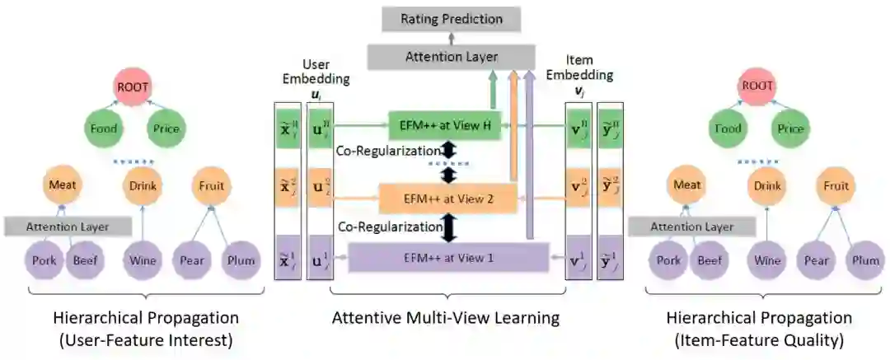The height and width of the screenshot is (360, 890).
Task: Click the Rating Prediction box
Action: point(452,19)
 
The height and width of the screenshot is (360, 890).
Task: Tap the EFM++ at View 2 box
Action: point(447,199)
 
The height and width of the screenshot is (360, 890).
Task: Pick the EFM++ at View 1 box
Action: point(449,257)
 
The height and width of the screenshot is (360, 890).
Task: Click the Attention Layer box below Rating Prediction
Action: point(452,56)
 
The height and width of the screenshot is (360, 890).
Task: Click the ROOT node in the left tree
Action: point(133,85)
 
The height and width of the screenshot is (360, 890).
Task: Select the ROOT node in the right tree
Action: point(757,85)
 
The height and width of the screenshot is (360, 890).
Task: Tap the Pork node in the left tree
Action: point(46,261)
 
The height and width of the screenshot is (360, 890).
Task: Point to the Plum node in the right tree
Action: point(865,261)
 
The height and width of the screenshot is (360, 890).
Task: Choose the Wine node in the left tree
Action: point(143,261)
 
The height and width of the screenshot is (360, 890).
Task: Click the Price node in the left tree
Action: point(165,129)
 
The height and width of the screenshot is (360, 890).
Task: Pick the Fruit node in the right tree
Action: point(836,185)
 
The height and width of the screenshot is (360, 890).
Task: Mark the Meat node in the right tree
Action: point(686,185)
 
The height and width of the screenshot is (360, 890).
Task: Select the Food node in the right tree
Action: point(728,129)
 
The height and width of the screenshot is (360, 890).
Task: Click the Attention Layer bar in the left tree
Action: point(68,226)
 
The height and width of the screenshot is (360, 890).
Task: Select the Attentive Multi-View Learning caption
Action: point(445,317)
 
